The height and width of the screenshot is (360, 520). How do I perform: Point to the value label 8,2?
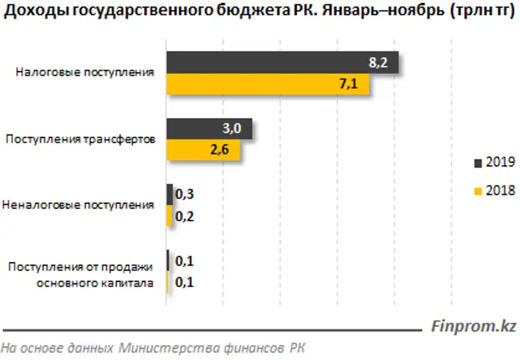pos(380,62)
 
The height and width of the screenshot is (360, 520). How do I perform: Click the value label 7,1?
pos(357,84)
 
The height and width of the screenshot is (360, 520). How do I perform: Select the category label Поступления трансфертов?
pos(80,139)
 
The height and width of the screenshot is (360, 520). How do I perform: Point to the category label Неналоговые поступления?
pos(79,205)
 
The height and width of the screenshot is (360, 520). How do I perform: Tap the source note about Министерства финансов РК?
pos(153,347)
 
